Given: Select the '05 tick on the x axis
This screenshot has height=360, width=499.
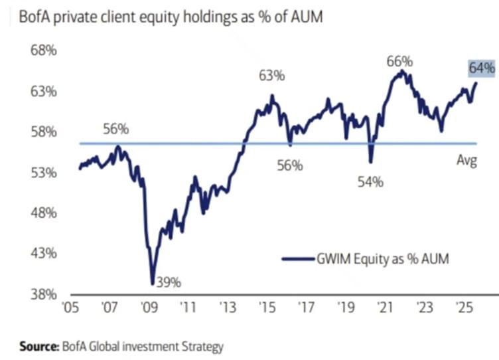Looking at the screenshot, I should click(70, 309).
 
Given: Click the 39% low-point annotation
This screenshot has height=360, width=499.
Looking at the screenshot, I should click(168, 282).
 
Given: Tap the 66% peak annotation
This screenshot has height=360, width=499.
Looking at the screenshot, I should click(399, 62).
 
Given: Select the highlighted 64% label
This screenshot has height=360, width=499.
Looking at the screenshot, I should click(482, 67).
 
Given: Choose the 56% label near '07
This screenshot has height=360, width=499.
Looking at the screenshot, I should click(116, 129).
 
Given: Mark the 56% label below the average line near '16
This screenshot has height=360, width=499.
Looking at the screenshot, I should click(290, 165).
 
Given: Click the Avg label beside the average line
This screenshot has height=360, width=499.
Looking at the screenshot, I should click(467, 160).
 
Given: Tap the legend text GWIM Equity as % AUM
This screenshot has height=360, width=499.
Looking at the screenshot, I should click(383, 259).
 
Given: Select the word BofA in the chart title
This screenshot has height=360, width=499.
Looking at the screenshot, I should click(34, 17).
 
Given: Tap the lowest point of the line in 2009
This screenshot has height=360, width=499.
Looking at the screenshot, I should click(153, 284).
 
